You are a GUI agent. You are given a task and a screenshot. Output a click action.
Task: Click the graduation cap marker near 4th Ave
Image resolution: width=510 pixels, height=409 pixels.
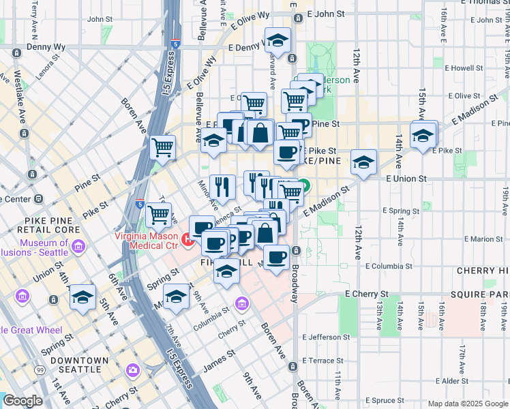(83, 297)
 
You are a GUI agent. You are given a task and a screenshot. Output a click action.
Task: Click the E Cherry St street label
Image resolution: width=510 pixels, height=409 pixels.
(366, 294)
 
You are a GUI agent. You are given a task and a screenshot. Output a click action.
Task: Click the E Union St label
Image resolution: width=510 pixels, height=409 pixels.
(406, 178)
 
